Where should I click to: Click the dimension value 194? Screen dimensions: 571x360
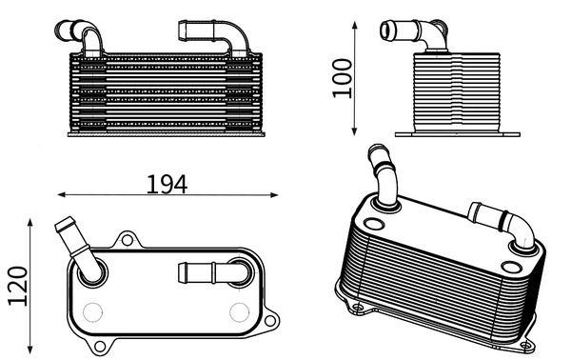click(167, 185)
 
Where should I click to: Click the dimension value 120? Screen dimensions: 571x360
click(18, 286)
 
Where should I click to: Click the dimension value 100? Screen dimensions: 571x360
click(343, 78)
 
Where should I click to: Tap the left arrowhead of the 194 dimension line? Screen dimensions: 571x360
click(62, 195)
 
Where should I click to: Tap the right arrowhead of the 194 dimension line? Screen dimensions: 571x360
click(274, 195)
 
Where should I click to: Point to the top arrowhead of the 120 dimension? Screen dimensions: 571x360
click(30, 223)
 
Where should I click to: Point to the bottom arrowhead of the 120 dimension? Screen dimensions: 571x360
click(30, 350)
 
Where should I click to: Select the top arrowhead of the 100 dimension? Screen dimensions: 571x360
click(355, 26)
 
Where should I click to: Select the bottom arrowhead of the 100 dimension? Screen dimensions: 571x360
click(355, 131)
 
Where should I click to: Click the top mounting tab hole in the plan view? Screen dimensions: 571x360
click(128, 240)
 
